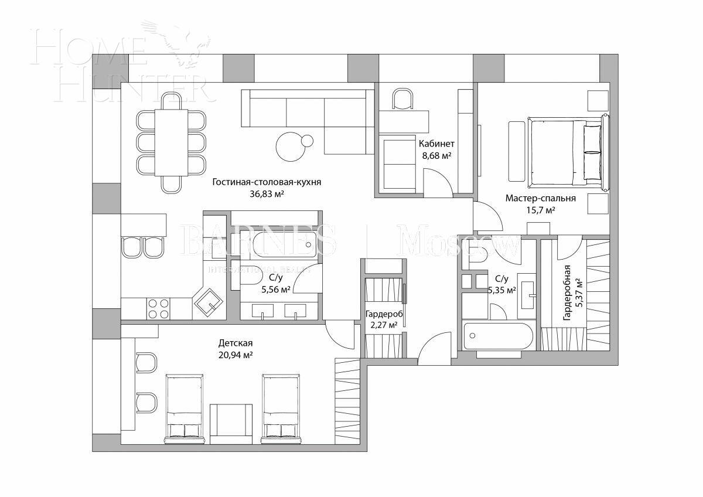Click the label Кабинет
pyautogui.click(x=436, y=144)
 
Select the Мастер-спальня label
pyautogui.click(x=540, y=198)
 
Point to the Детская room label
pyautogui.click(x=236, y=343)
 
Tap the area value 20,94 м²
pyautogui.click(x=236, y=355)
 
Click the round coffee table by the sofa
pyautogui.click(x=291, y=147)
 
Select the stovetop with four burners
pyautogui.click(x=158, y=308)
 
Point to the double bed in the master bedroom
pyautogui.click(x=565, y=152)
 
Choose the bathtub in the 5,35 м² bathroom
pyautogui.click(x=497, y=336)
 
